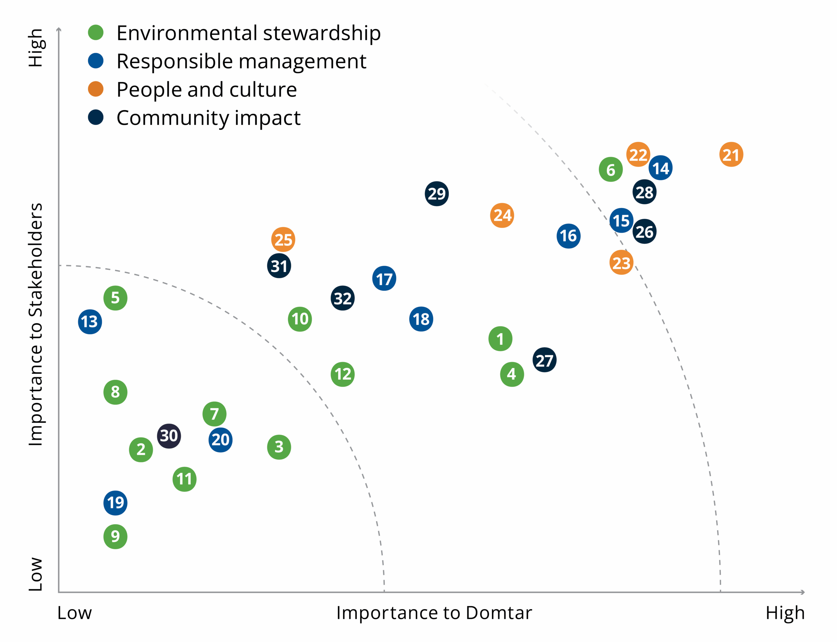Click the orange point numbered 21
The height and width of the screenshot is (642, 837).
tap(731, 154)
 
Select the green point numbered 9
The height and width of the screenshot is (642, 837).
tap(115, 537)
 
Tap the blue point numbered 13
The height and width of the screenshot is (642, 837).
tap(90, 322)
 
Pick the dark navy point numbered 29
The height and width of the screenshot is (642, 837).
tap(436, 194)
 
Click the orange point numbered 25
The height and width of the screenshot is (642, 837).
tap(283, 240)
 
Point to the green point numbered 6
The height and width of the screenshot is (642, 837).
tap(610, 169)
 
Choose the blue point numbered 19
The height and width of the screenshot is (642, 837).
tap(115, 503)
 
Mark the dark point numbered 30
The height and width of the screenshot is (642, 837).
tap(169, 436)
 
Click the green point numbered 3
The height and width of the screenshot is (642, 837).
tap(279, 447)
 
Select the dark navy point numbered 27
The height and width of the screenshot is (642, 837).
tap(544, 360)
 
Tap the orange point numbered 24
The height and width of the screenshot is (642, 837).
tap(502, 216)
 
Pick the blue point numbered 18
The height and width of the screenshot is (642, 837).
tap(421, 319)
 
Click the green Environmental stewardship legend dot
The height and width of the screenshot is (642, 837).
tap(95, 32)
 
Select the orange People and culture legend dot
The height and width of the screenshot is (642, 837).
tap(95, 89)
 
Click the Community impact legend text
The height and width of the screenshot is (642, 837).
tap(208, 118)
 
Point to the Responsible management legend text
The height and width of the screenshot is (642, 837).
tap(241, 61)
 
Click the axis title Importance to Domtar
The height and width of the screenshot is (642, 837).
tap(434, 613)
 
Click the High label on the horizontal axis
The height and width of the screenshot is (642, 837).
tap(785, 613)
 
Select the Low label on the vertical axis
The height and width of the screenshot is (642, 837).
tap(36, 574)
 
